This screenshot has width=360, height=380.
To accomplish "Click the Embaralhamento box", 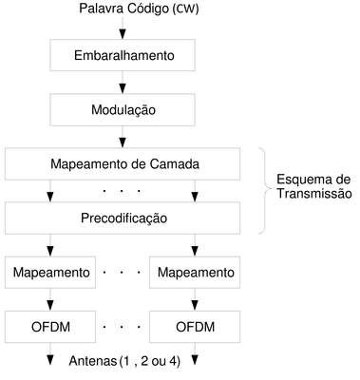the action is pyautogui.click(x=123, y=55).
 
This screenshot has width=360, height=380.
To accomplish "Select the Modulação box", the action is pyautogui.click(x=123, y=110).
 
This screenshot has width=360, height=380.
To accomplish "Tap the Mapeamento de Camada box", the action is pyautogui.click(x=123, y=164).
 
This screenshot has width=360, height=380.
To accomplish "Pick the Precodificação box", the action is pyautogui.click(x=123, y=218).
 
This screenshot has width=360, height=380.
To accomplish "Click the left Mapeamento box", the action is pyautogui.click(x=50, y=273).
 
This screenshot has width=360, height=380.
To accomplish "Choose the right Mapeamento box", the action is pyautogui.click(x=195, y=273).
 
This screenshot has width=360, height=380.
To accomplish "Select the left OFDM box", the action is pyautogui.click(x=50, y=327).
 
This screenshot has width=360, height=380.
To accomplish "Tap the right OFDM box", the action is pyautogui.click(x=195, y=327).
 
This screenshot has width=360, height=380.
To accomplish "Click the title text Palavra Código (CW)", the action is pyautogui.click(x=139, y=9).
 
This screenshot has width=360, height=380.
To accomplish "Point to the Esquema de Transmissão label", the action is pyautogui.click(x=314, y=186).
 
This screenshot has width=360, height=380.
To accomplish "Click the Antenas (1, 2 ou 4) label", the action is pyautogui.click(x=124, y=361).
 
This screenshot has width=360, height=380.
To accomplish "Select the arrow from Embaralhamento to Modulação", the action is pyautogui.click(x=123, y=83).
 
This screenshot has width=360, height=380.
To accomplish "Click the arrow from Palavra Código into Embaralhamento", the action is pyautogui.click(x=123, y=28).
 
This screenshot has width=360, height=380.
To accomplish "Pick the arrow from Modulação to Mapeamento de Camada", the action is pyautogui.click(x=123, y=137).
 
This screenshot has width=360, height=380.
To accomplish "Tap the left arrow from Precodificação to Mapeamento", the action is pyautogui.click(x=50, y=245).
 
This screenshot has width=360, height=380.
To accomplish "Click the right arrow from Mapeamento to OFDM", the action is pyautogui.click(x=195, y=299).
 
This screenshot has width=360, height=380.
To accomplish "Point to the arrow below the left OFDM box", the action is pyautogui.click(x=50, y=353).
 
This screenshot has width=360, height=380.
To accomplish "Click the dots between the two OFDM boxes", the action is pyautogui.click(x=122, y=327).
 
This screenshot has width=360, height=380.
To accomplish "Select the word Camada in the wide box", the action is pyautogui.click(x=175, y=164).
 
